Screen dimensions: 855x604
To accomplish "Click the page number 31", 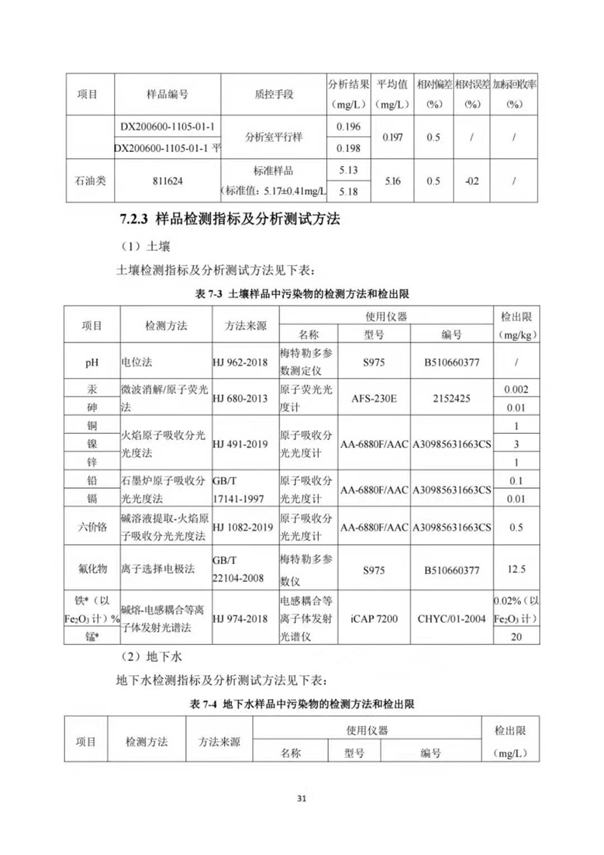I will (302, 799).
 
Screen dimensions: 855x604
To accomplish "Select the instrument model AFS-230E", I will (373, 398).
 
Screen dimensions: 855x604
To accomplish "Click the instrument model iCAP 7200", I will (373, 618).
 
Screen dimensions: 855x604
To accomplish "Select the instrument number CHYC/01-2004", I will (451, 618).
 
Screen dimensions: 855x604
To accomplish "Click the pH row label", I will (92, 363).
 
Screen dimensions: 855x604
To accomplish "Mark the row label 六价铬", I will (92, 527).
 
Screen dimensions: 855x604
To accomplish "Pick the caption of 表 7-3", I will (302, 293).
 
